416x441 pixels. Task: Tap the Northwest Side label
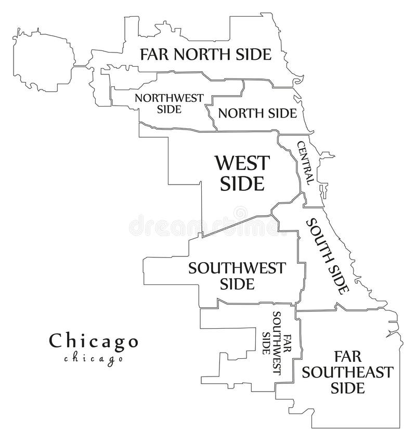(168, 103)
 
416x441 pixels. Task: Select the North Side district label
(257, 113)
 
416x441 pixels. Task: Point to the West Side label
(243, 173)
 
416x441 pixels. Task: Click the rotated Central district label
(305, 162)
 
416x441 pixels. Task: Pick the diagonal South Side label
(328, 256)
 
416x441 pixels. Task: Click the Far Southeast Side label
(348, 372)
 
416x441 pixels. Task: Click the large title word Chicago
(94, 341)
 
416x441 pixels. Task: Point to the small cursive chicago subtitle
(94, 358)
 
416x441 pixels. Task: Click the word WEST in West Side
(243, 163)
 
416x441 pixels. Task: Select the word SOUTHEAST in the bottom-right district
(348, 372)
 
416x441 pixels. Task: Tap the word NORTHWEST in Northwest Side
(168, 97)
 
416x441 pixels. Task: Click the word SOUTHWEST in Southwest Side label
(237, 268)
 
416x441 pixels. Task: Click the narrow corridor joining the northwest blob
(80, 66)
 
